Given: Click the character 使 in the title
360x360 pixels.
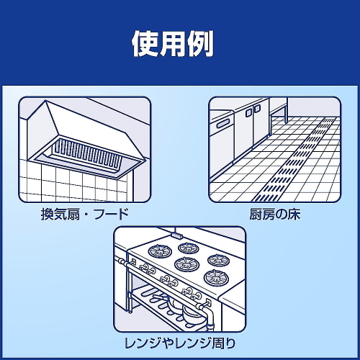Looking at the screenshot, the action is [x=145, y=44].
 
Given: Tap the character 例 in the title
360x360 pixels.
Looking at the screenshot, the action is [x=199, y=44].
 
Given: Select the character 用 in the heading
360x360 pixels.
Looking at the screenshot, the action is [x=173, y=44].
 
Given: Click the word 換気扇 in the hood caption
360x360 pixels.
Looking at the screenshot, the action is [x=60, y=214].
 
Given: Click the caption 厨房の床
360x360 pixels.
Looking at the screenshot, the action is [x=274, y=214].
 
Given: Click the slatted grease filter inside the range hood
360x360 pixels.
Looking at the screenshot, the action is [x=87, y=153].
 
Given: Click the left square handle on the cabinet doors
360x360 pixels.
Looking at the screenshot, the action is [x=248, y=112].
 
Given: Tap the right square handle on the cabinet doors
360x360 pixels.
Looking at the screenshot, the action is [x=257, y=108].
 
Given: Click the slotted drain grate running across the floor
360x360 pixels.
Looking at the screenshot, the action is [x=295, y=160].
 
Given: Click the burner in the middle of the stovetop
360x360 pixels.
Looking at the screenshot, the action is [x=187, y=264].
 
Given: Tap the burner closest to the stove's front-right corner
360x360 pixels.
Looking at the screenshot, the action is [x=216, y=277].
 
